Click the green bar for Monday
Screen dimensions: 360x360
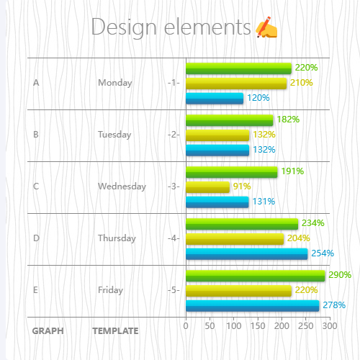click(x=238, y=68)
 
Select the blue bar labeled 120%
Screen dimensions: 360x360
click(x=215, y=99)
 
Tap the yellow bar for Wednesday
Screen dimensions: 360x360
click(x=207, y=187)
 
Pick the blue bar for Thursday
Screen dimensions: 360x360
click(x=246, y=254)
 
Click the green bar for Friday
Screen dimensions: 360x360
click(x=255, y=276)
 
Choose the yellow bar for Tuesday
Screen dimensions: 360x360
click(x=217, y=135)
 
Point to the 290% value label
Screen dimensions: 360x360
click(x=340, y=275)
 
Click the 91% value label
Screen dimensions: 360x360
click(x=242, y=186)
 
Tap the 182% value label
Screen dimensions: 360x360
click(x=288, y=120)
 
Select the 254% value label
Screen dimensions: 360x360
click(x=322, y=253)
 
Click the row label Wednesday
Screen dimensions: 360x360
click(x=122, y=186)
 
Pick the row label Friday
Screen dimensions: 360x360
click(x=110, y=290)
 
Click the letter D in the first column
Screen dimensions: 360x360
click(x=36, y=238)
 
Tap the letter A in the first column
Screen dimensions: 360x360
click(x=36, y=83)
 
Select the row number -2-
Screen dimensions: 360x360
click(x=173, y=135)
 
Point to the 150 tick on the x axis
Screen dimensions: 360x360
click(x=258, y=326)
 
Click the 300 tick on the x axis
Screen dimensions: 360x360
click(x=329, y=326)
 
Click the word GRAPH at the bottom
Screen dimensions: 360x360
click(x=48, y=331)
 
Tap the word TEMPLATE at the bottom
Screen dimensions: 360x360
click(x=115, y=331)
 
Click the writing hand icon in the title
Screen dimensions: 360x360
click(x=266, y=27)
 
